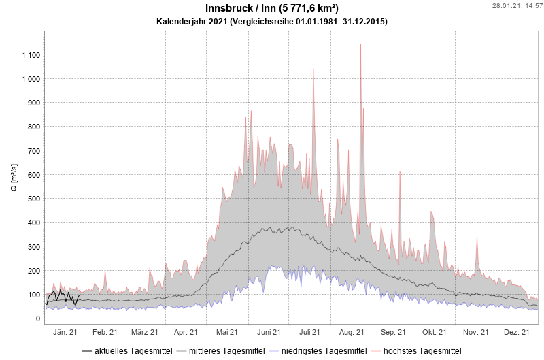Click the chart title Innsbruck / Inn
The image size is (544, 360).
(x=271, y=8)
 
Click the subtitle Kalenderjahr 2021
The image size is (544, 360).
(x=271, y=22)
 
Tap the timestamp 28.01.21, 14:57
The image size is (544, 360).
(x=516, y=5)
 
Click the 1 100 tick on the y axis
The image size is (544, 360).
(x=31, y=55)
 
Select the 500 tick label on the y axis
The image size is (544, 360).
(x=34, y=199)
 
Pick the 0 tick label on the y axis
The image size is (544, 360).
(x=38, y=318)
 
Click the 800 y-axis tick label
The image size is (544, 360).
(x=34, y=127)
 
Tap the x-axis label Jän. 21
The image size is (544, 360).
(x=65, y=333)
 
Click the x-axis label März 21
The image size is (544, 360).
(x=145, y=333)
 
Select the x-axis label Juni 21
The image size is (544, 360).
(x=269, y=333)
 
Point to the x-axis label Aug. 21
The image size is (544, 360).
(x=352, y=333)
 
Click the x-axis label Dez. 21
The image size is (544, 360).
(x=517, y=333)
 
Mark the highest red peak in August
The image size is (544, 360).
(x=360, y=45)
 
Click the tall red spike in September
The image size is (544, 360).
(x=400, y=172)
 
